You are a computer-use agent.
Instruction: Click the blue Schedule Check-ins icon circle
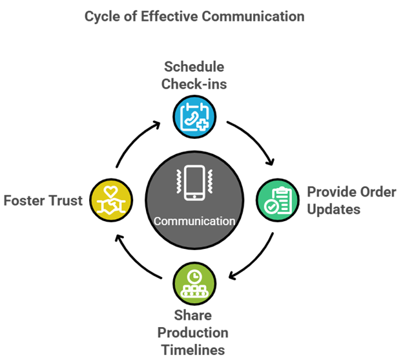pos(194,116)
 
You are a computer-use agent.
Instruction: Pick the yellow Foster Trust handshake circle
pos(110,200)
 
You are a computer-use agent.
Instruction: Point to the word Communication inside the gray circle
pos(194,221)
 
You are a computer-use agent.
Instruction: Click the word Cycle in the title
pos(102,16)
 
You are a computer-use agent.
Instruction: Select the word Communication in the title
pos(253,16)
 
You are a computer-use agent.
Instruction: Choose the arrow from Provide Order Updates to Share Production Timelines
pos(255,262)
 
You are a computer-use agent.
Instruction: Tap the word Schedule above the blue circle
pos(194,67)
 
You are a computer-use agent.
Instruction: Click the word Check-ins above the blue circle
pos(194,84)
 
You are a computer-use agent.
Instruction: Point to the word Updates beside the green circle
pos(333,209)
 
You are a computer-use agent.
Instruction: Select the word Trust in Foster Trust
pos(67,200)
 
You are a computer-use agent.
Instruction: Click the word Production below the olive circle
pos(194,333)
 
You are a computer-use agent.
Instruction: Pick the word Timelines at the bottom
pos(194,350)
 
